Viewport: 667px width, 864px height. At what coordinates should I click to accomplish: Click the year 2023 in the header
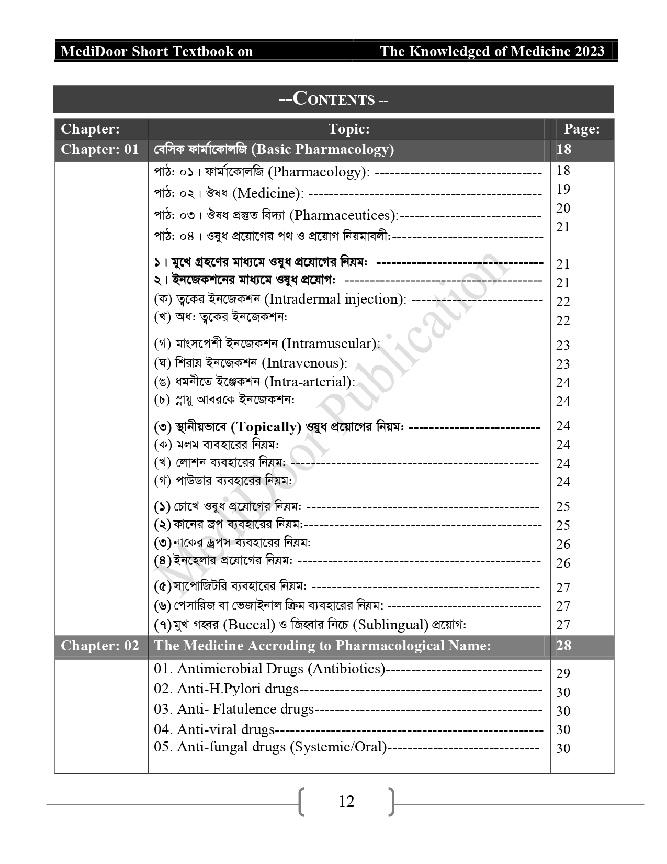[x=589, y=51]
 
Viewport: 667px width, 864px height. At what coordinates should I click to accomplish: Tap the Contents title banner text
[x=333, y=99]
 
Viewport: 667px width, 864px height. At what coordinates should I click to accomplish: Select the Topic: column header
[x=348, y=129]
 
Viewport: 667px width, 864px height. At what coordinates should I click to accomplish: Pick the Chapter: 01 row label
[x=100, y=149]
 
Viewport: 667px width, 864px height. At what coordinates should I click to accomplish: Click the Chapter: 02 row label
[x=100, y=646]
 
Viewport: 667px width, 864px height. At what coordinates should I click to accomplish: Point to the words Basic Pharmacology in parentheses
[x=322, y=149]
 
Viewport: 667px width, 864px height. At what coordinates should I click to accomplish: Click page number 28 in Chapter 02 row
[x=563, y=646]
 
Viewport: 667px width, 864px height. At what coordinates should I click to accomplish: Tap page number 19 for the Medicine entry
[x=563, y=189]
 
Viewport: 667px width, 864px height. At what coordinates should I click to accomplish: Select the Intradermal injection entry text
[x=335, y=300]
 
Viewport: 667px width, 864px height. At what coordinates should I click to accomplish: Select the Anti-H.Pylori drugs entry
[x=226, y=689]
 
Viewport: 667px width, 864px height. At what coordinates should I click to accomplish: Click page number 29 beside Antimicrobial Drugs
[x=563, y=673]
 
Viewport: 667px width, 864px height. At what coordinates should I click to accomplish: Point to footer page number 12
[x=346, y=802]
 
